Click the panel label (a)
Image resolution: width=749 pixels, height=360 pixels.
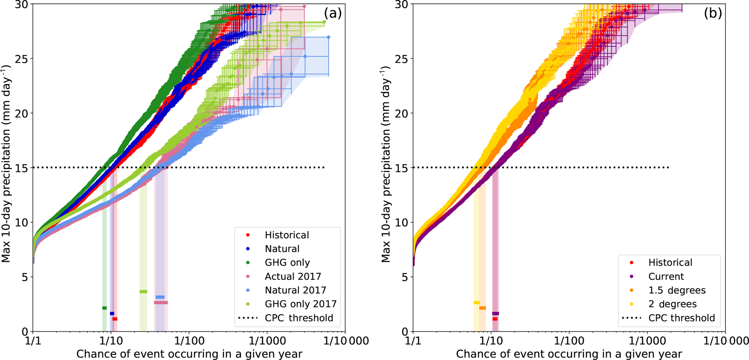pos(333,13)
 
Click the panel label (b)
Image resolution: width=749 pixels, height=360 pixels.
pos(712,13)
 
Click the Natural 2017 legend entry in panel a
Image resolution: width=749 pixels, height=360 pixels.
pos(295,290)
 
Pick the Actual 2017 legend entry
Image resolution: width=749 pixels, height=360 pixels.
pos(293,276)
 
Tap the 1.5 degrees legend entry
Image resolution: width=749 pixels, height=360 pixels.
pos(677,290)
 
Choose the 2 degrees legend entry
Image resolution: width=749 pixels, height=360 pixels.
pos(673,304)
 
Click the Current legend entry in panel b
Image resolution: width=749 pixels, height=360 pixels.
pos(666,276)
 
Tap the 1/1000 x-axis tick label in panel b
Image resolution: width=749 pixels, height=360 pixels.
pos(647,341)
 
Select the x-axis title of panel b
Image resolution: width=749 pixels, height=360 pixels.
pos(569,354)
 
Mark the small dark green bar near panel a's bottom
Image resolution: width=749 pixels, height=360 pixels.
pos(104,308)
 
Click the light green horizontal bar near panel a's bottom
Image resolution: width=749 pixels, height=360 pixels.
pos(143,292)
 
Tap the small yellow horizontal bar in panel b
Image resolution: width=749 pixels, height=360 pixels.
pos(477,303)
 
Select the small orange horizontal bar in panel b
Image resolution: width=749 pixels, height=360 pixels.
pos(483,308)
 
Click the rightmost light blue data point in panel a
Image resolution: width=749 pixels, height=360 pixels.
pos(328,37)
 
